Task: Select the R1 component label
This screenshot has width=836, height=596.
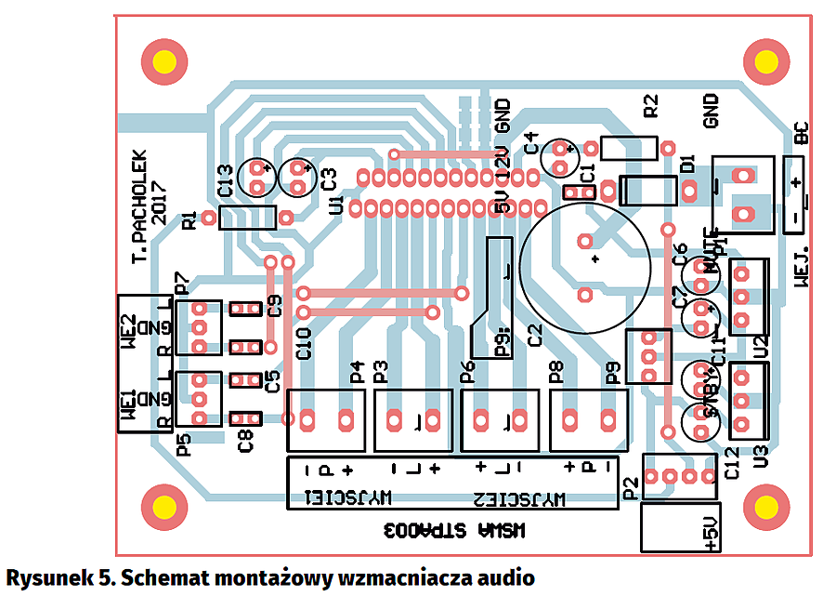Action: [x=190, y=220]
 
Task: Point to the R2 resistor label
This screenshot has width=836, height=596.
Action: [x=650, y=105]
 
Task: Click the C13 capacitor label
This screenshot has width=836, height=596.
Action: [x=224, y=180]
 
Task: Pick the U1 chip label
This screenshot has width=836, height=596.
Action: [x=336, y=204]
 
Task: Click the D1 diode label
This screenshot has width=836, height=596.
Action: [x=687, y=165]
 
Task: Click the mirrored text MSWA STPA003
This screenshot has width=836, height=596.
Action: [x=456, y=531]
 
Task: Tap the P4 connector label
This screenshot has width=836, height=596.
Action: [x=357, y=373]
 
